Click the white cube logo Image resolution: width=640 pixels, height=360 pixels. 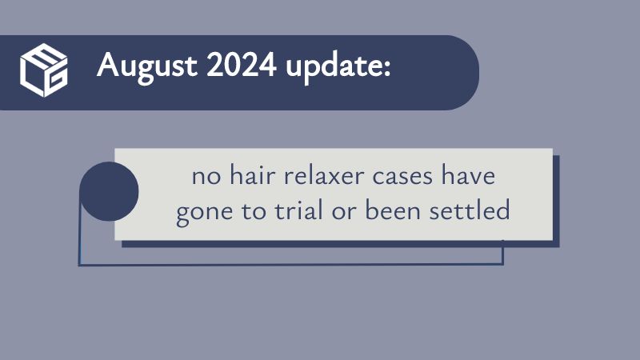tap(44, 70)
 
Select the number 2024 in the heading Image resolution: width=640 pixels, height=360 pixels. tap(242, 65)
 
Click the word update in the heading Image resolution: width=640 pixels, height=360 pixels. tap(333, 67)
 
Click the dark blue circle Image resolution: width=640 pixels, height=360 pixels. tap(109, 191)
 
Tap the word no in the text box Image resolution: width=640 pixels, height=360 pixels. tap(206, 178)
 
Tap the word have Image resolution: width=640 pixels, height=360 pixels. tap(469, 175)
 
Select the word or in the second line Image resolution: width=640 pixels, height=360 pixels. tap(344, 213)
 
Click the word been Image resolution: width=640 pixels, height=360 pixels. tap(393, 210)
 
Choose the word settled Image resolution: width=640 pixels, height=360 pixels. tap(470, 210)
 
